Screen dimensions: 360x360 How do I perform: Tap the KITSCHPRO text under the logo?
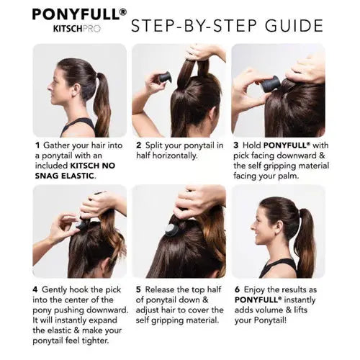[x=77, y=29]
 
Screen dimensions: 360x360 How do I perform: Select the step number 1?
[x=37, y=145]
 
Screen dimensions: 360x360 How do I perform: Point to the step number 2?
[x=138, y=145]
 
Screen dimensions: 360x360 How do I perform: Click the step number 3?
[x=236, y=145]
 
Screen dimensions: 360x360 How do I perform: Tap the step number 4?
[x=35, y=289]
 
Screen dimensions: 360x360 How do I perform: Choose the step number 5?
[x=138, y=289]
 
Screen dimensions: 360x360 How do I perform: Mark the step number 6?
[x=237, y=289]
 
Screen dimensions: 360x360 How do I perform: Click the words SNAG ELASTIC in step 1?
[x=65, y=176]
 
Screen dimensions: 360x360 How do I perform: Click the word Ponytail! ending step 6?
[x=270, y=320]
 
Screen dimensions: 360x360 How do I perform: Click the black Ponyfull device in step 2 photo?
[x=164, y=78]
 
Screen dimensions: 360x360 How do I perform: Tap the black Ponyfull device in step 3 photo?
[x=269, y=84]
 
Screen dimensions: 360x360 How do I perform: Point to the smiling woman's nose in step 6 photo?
[x=253, y=226]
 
